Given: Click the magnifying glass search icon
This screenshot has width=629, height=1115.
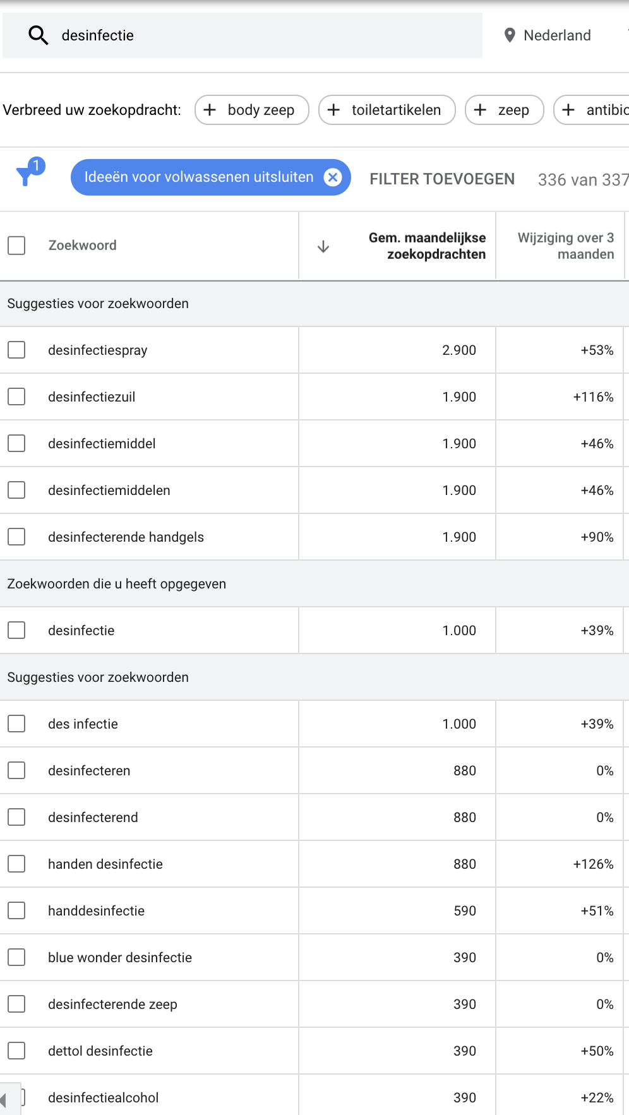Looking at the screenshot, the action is coord(39,36).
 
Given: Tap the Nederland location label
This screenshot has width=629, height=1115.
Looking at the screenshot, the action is coord(557,35).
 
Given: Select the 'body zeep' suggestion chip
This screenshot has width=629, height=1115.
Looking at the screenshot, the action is coord(252,110).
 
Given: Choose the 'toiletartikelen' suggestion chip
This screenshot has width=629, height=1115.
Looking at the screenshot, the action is coord(387,110).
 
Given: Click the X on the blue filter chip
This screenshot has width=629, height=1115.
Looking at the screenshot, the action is coord(333,177).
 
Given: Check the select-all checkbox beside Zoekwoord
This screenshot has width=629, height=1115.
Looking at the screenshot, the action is coord(16,246).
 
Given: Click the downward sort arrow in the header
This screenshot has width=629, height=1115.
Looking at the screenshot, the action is coord(323,246).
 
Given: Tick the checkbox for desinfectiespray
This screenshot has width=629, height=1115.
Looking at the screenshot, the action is coord(16,350).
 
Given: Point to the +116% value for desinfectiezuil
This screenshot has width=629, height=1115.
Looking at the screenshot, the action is coord(593,397).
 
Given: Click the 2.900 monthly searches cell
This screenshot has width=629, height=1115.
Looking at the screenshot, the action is coord(459,350).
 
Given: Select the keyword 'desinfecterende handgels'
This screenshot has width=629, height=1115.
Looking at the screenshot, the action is coord(126,537).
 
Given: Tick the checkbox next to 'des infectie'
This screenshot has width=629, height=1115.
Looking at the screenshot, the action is coord(16,724).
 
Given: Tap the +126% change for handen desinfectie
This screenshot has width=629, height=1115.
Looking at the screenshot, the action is coord(593,864).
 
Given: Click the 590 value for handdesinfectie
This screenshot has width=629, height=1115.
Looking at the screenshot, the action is coord(465,911).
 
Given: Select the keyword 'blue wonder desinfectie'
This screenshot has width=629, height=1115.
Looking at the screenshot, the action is coord(120,958).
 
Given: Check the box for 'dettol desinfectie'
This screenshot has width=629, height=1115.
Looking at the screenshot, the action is coord(16,1051).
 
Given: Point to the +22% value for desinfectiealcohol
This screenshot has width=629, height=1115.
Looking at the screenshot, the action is coord(597,1098).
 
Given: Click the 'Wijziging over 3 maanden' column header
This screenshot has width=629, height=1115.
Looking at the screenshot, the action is coord(566,246).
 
